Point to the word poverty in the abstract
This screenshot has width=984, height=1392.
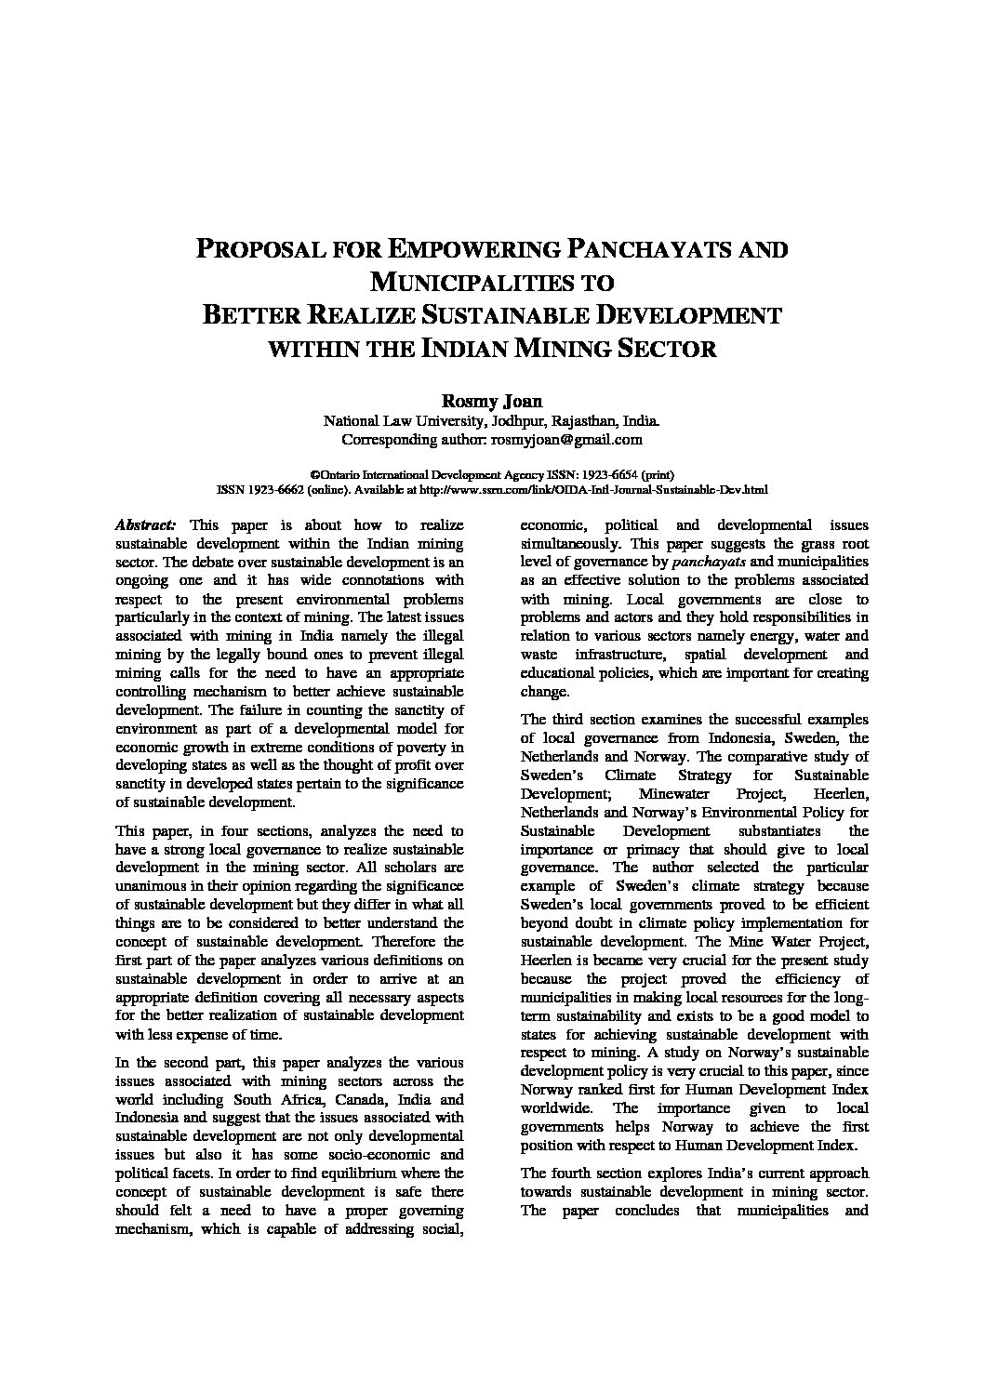click(419, 747)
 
